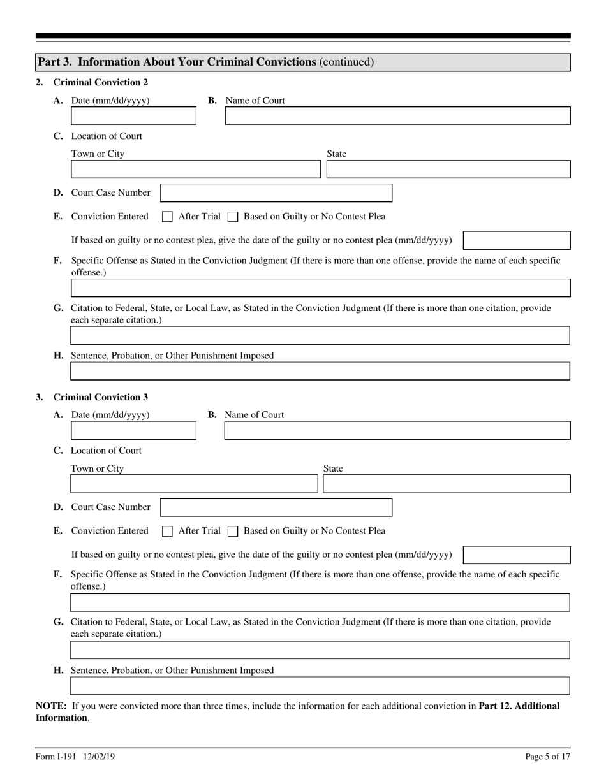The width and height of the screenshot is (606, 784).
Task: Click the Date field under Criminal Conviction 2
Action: click(x=133, y=116)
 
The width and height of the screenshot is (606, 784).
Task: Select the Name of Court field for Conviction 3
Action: click(x=397, y=431)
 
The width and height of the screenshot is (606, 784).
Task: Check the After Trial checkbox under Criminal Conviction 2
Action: click(x=167, y=217)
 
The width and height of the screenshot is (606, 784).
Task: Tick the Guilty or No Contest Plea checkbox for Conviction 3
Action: click(x=233, y=531)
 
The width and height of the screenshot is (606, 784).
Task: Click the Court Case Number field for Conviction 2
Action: click(x=276, y=193)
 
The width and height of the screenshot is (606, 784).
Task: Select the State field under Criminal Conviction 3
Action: click(x=447, y=484)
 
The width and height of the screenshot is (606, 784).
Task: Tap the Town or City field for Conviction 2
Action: click(x=195, y=170)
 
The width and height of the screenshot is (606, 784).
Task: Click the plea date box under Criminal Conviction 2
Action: click(x=516, y=241)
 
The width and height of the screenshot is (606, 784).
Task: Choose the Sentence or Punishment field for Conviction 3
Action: click(x=319, y=686)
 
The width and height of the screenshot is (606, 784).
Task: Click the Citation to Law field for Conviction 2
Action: click(x=319, y=335)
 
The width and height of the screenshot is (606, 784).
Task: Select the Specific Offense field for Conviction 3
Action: click(x=319, y=602)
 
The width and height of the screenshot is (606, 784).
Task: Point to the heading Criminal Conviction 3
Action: click(x=101, y=397)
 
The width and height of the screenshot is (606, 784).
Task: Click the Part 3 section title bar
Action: click(x=302, y=62)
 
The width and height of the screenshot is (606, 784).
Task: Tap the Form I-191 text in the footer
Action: click(x=56, y=757)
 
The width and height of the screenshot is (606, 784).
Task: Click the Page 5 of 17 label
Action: click(x=547, y=757)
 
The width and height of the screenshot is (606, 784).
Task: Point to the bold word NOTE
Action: click(x=51, y=706)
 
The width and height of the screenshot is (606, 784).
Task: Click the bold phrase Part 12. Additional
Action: click(x=519, y=706)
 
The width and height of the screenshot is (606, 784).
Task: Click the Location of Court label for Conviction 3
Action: click(x=106, y=451)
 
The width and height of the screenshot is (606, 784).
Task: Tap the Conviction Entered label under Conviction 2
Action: click(x=110, y=217)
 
